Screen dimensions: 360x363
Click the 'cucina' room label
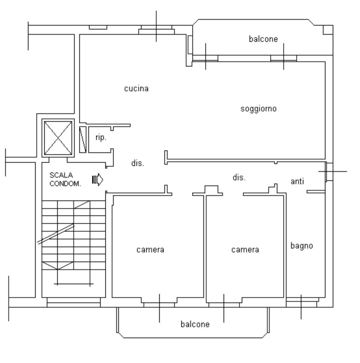point(136,89)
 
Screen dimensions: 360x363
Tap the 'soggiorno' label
point(258,109)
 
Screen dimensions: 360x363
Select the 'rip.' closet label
point(101,138)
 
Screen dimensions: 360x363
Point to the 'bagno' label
point(302,246)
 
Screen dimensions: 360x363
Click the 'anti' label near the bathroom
point(297,181)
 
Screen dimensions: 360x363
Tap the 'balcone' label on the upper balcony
point(263,39)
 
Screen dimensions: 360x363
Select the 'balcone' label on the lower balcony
point(195,324)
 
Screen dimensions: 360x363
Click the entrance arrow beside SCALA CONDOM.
point(97,179)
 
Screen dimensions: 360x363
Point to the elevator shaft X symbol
point(58,138)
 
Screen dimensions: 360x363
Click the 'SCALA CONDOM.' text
point(65,179)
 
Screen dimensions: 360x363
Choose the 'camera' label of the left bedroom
point(150,250)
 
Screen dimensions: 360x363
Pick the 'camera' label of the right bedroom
point(245,250)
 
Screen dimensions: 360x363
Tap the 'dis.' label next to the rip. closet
point(138,163)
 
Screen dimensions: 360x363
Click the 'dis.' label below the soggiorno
point(239,178)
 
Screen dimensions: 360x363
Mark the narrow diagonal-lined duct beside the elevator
point(83,139)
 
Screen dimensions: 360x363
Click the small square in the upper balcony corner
point(328,30)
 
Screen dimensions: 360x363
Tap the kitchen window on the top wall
point(156,30)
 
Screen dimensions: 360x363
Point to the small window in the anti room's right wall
point(329,172)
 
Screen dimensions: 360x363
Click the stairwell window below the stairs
point(74,302)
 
